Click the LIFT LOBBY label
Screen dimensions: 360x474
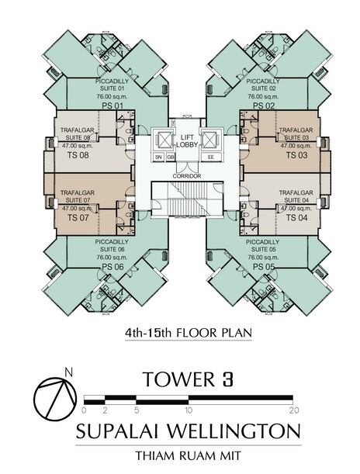point(187,141)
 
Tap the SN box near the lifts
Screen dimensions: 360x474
point(158,157)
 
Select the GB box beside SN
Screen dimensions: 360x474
point(170,157)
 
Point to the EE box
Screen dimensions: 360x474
point(211,157)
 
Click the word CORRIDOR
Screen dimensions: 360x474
point(187,176)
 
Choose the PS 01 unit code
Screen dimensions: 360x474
point(112,106)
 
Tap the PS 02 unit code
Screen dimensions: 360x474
point(264,106)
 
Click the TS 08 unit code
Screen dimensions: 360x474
point(78,155)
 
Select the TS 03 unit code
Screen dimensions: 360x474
point(297,155)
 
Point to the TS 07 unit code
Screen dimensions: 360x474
point(78,217)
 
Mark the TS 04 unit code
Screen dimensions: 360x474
point(297,217)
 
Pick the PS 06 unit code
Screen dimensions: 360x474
point(112,267)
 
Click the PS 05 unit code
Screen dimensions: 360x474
point(264,267)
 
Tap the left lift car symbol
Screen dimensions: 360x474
point(164,140)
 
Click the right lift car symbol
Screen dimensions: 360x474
point(211,140)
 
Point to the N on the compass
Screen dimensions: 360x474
point(69,372)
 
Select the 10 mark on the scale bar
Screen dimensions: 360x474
point(189,410)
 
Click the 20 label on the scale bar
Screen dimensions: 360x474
point(294,410)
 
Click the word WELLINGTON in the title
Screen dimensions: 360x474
point(234,431)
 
